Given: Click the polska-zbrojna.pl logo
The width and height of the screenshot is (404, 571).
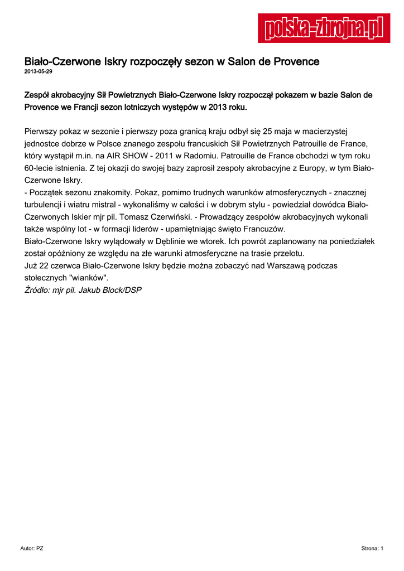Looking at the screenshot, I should coord(324,28).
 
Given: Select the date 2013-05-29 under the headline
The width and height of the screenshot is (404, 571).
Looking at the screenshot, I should coord(39,72).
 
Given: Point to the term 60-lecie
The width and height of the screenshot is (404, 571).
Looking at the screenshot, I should coord(40,168).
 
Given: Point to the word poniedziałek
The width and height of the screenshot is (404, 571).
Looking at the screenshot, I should coord(352,241).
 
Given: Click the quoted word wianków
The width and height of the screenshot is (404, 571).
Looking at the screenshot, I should coord(88,278).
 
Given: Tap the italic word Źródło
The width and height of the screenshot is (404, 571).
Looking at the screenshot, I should coord(37,290).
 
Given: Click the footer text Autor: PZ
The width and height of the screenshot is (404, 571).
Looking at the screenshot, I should coord(32,549).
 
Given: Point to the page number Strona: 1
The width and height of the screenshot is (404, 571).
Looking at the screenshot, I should coord(372,549).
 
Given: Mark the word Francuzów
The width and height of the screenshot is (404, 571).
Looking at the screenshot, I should coord(264,229).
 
